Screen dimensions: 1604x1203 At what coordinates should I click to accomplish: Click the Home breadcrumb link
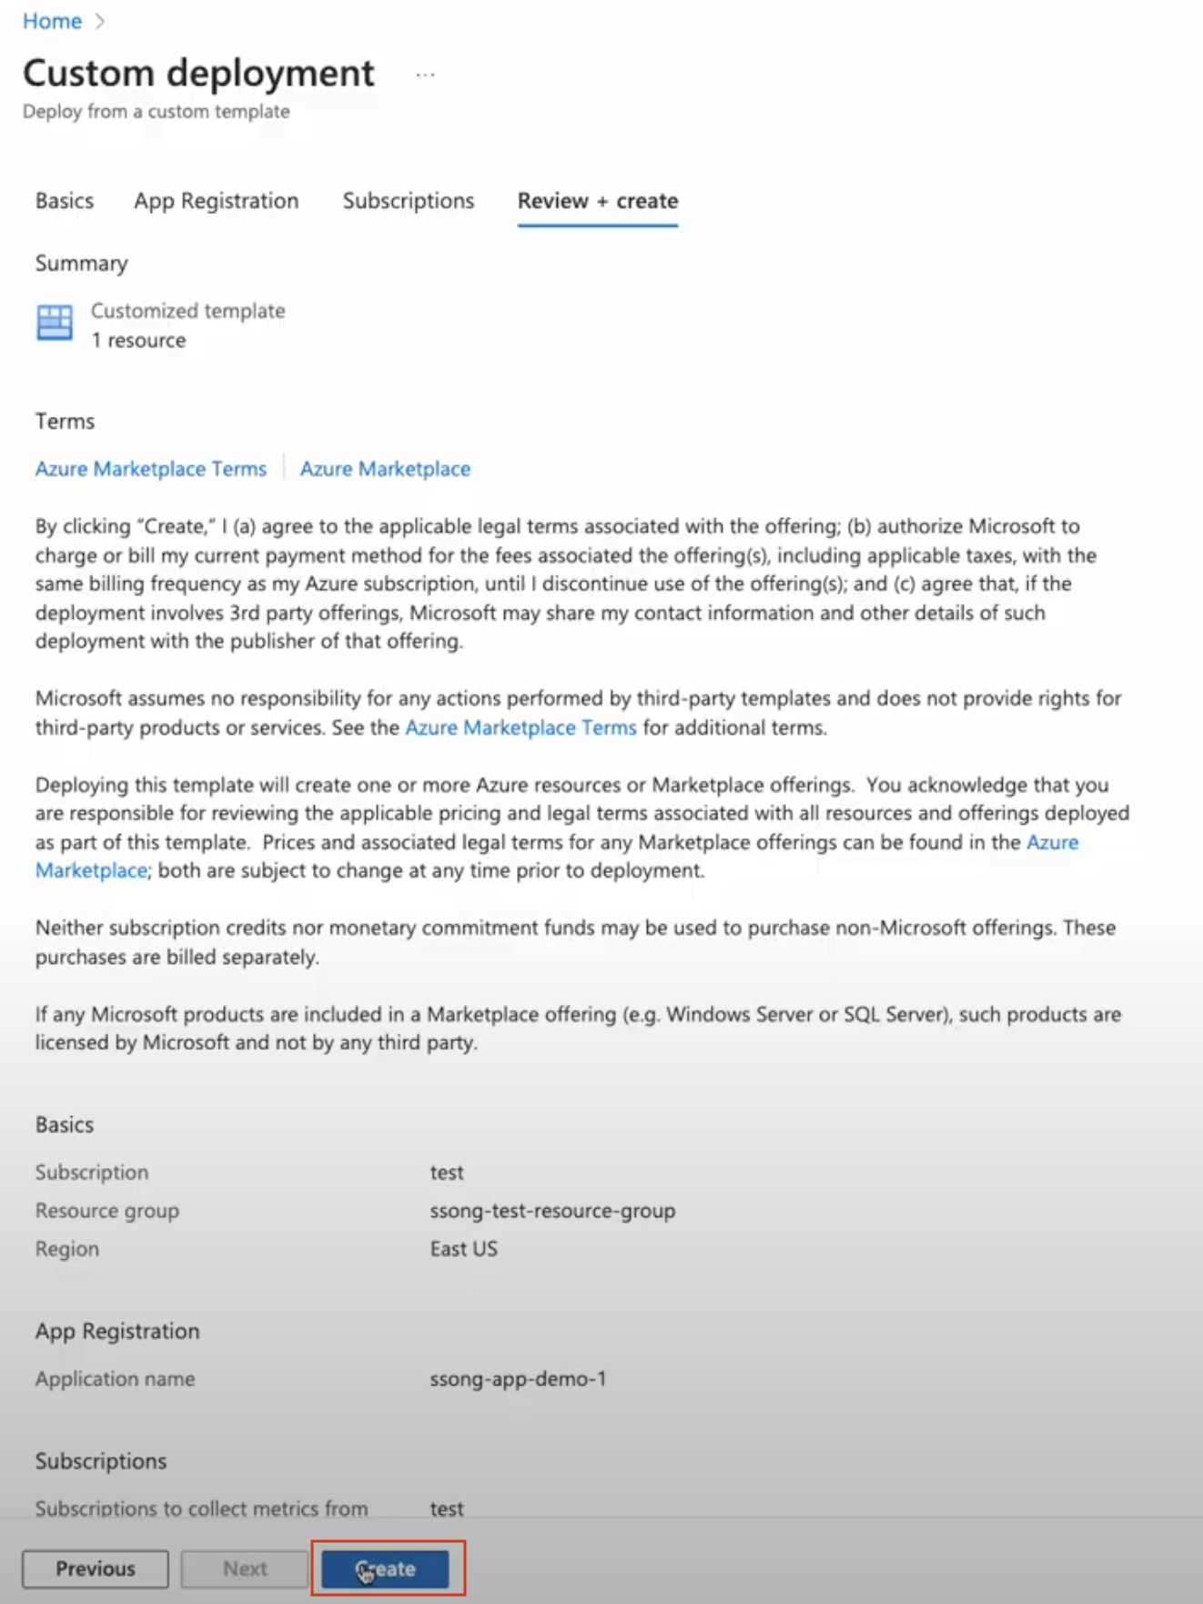[x=52, y=21]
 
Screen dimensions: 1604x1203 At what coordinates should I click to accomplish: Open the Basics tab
[x=65, y=200]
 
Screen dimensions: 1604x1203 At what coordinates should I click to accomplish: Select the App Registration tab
[x=216, y=200]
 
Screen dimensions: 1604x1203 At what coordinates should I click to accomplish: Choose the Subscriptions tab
[x=408, y=200]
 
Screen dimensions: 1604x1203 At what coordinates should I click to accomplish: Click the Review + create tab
[x=597, y=200]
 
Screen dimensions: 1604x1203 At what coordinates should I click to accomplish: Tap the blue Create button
[x=385, y=1568]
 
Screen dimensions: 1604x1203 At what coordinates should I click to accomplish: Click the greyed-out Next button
[x=245, y=1568]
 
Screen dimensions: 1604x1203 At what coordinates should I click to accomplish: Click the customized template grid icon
[x=55, y=322]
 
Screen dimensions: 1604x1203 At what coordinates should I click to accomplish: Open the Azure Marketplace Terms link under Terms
[x=151, y=469]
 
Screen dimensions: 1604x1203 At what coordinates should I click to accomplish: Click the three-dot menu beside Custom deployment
[x=425, y=75]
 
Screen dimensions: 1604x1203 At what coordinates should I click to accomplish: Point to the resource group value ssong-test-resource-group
[x=552, y=1211]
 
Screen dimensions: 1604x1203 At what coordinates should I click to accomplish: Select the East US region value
[x=463, y=1249]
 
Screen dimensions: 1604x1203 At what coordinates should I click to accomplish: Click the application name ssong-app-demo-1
[x=518, y=1379]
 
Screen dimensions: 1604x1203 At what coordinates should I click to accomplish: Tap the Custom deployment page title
[x=198, y=73]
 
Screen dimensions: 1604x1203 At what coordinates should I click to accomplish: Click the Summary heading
[x=81, y=263]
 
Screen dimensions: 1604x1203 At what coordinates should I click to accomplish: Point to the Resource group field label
[x=107, y=1211]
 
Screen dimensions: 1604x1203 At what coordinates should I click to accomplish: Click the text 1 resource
[x=138, y=340]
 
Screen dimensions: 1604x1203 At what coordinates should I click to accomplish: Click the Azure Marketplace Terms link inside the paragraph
[x=521, y=727]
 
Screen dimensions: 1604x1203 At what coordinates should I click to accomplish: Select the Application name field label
[x=115, y=1379]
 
